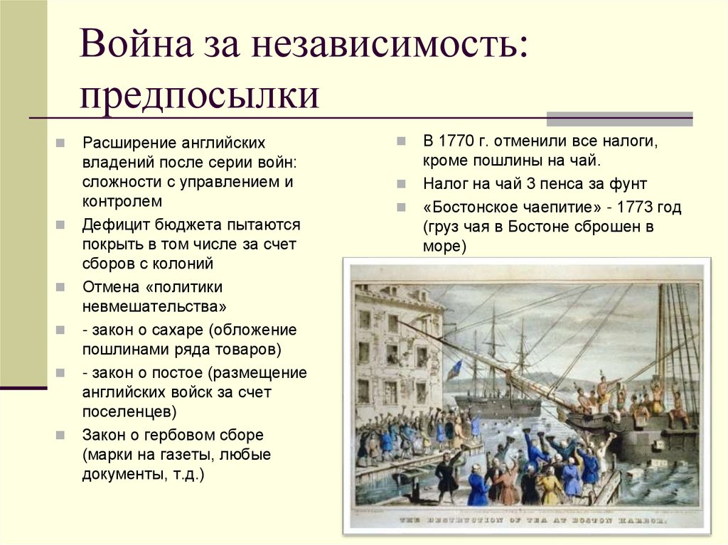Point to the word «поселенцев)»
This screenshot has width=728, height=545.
[130, 411]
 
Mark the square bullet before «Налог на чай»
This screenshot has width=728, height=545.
[402, 183]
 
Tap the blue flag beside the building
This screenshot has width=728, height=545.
[456, 369]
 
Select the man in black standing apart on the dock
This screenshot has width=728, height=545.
[448, 475]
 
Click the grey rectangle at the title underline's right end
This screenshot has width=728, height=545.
[619, 118]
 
